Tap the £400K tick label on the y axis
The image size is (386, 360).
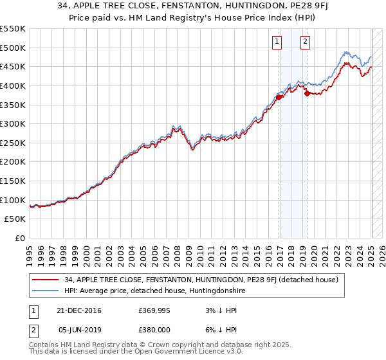12,85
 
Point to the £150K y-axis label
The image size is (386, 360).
12,181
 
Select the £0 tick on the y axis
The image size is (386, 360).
19,238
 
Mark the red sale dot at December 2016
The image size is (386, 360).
279,97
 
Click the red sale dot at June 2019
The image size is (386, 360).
307,93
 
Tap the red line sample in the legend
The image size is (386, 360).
46,280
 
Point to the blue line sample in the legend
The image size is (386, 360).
46,291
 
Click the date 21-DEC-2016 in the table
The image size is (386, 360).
80,310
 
